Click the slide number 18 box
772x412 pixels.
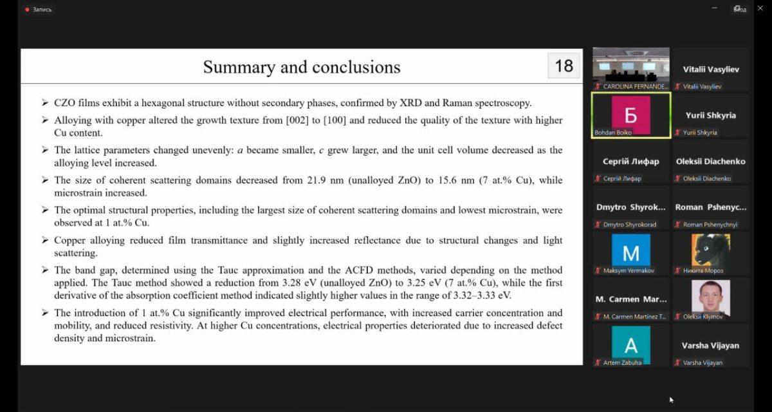pos(564,66)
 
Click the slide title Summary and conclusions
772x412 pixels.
pos(302,67)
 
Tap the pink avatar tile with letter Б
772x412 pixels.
pos(630,115)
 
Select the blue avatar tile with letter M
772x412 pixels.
pos(630,252)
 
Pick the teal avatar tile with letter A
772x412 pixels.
pos(630,344)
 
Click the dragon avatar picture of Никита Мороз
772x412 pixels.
pos(710,250)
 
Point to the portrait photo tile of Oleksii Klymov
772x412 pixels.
pos(710,296)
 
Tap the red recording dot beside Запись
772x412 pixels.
pos(27,10)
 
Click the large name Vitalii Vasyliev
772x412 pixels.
pos(710,69)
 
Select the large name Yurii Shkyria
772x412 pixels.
pos(710,115)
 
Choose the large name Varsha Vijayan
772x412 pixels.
pos(710,345)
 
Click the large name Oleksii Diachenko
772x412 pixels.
pos(710,161)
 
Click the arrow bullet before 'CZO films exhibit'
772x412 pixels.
pos(44,103)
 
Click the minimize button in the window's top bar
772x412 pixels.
pos(715,8)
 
